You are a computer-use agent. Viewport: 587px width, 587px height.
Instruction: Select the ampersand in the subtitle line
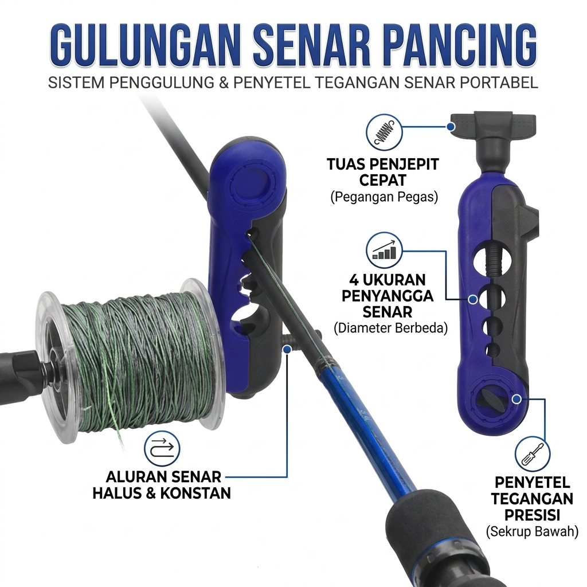click(224, 83)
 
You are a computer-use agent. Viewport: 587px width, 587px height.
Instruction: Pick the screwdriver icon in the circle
click(533, 453)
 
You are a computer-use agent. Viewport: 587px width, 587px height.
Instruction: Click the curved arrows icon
click(162, 448)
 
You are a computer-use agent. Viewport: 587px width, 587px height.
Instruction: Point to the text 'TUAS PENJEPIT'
click(383, 165)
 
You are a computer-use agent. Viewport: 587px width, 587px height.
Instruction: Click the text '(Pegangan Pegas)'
click(384, 197)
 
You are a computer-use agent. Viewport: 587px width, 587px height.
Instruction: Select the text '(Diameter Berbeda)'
click(390, 328)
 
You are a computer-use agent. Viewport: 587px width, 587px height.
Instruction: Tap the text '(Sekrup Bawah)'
click(532, 531)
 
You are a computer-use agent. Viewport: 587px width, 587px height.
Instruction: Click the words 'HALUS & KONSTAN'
click(162, 493)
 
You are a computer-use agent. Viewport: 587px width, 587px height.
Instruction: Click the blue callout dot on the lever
click(451, 127)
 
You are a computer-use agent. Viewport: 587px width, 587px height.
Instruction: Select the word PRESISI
click(532, 515)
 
